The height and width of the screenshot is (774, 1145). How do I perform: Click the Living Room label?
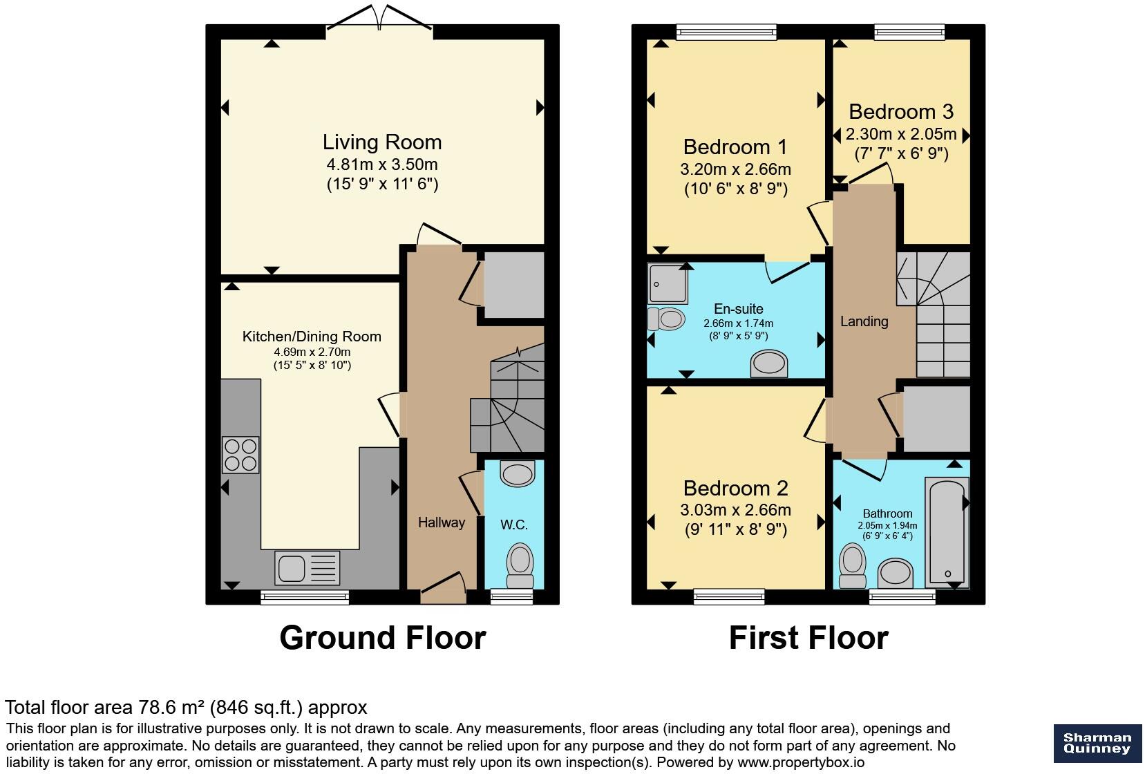pyautogui.click(x=382, y=142)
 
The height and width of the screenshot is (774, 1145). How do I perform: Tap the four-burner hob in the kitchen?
pyautogui.click(x=240, y=455)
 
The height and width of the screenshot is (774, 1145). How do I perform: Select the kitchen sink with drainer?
pyautogui.click(x=307, y=567)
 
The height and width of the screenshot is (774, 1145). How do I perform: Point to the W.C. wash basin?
pyautogui.click(x=518, y=473)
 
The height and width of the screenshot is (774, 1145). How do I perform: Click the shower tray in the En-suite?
pyautogui.click(x=668, y=283)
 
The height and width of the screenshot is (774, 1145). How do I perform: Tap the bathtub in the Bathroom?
pyautogui.click(x=947, y=532)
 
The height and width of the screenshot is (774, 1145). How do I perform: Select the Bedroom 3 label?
pyautogui.click(x=901, y=111)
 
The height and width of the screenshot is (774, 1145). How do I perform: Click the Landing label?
pyautogui.click(x=864, y=321)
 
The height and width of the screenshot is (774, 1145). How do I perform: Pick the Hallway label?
pyautogui.click(x=442, y=522)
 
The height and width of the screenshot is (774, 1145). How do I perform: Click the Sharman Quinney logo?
pyautogui.click(x=1097, y=744)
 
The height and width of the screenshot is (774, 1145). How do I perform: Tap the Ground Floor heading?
pyautogui.click(x=383, y=638)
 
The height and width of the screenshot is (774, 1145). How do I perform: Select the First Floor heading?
pyautogui.click(x=808, y=638)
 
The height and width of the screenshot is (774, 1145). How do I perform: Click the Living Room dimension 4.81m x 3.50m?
pyautogui.click(x=382, y=164)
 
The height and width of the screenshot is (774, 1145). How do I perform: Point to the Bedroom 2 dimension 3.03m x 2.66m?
pyautogui.click(x=735, y=510)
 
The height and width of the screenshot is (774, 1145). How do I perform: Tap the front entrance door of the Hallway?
pyautogui.click(x=443, y=588)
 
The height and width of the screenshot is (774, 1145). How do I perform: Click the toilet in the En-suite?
pyautogui.click(x=666, y=319)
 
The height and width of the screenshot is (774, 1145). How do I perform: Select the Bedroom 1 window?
pyautogui.click(x=726, y=32)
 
